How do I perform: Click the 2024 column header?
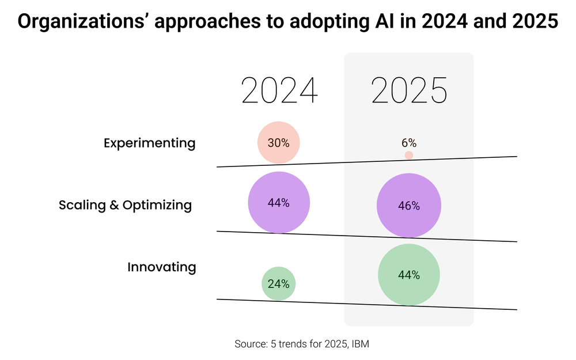[279, 90]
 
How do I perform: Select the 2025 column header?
[409, 90]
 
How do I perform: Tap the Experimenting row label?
[149, 143]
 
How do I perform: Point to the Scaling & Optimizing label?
[125, 205]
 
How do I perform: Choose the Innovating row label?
[161, 267]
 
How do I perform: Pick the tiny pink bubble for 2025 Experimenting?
[409, 156]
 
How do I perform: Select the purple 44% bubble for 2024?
[279, 203]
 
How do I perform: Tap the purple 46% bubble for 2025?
[409, 206]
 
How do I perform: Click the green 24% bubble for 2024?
[279, 283]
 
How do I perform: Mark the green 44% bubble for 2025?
[409, 275]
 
